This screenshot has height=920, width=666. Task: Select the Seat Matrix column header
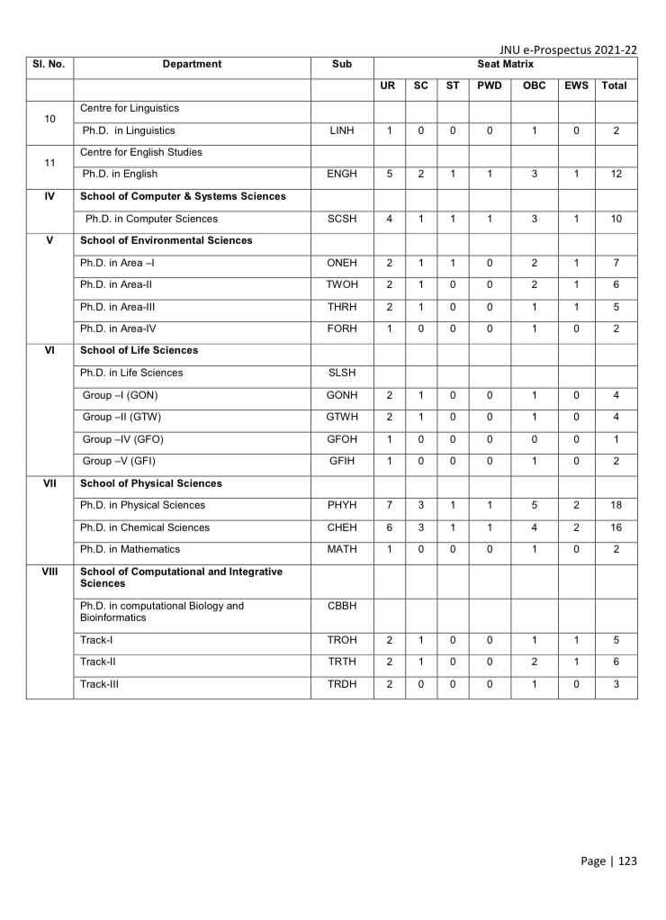pos(505,65)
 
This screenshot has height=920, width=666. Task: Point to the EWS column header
pos(576,86)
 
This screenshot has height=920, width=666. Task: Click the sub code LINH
pos(342,131)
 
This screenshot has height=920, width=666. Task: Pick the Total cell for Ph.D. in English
pos(616,175)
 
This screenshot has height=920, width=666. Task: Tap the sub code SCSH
pos(342,219)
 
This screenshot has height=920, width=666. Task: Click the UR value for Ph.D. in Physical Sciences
pos(389,505)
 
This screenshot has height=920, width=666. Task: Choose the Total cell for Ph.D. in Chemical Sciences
pos(616,528)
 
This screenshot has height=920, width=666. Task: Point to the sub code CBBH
pos(342,606)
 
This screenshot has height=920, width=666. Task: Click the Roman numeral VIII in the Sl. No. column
pos(49,572)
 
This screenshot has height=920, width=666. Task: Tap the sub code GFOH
pos(342,438)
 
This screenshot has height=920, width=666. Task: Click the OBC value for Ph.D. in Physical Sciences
pos(534,505)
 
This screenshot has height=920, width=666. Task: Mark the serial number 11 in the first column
pos(49,163)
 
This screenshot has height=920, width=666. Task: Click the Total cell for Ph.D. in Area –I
pos(616,263)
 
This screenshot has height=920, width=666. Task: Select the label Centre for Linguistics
pos(130,108)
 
